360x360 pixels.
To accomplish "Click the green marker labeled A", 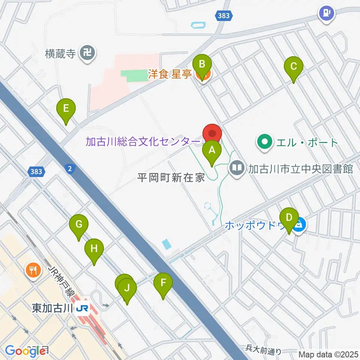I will (x=212, y=151).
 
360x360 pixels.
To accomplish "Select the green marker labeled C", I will (x=293, y=67).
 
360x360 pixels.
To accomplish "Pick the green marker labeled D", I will (x=289, y=219).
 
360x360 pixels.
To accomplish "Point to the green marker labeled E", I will (x=66, y=109).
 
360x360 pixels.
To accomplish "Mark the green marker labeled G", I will (x=79, y=225).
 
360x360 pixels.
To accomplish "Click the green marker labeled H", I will (x=94, y=249).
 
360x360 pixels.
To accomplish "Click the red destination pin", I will (x=212, y=134).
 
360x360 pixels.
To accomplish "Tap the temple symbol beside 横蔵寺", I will (x=88, y=53).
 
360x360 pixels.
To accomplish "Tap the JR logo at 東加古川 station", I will (x=83, y=309).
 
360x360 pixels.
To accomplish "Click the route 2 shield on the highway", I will (x=69, y=169).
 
